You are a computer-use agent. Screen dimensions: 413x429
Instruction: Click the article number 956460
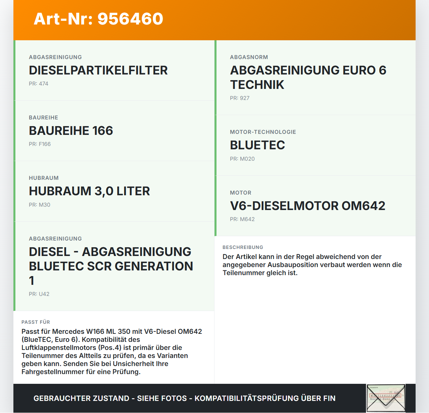coord(130,19)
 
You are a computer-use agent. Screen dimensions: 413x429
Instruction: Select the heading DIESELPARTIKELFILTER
coord(98,70)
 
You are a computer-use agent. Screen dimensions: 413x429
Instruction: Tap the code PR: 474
coord(39,84)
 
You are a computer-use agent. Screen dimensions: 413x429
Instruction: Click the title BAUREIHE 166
coord(71,131)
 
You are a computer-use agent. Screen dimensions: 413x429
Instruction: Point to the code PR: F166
coord(40,144)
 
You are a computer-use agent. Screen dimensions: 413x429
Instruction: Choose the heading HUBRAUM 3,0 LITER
coord(89,191)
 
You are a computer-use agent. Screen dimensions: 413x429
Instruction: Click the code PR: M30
coord(40,205)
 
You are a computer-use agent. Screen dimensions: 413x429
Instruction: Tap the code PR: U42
coord(39,294)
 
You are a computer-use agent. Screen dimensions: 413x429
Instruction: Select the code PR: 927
coord(240,98)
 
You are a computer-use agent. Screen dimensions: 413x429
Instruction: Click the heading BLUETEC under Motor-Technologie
coord(257,145)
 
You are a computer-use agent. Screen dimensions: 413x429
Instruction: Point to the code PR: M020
coord(242,159)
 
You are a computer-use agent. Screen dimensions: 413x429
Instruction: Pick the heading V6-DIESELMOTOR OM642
coord(308,206)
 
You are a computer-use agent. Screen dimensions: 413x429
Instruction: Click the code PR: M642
coord(242,219)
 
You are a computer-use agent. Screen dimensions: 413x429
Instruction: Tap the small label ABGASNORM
coord(249,57)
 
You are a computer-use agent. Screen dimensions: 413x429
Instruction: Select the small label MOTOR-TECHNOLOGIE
coord(263,132)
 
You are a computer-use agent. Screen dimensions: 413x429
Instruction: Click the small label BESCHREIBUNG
coord(243,248)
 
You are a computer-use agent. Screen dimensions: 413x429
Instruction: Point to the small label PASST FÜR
coord(36,322)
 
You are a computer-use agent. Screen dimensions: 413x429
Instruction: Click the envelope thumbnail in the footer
coord(386,398)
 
